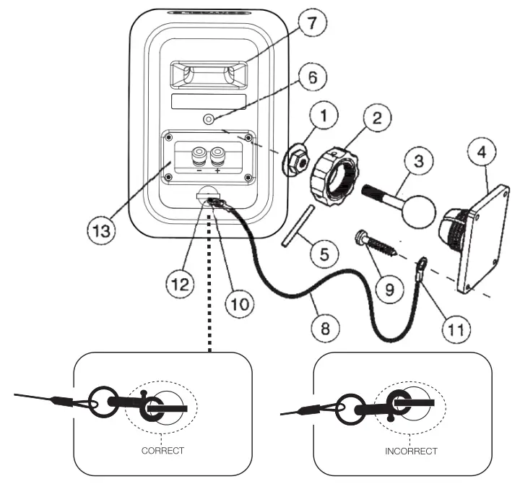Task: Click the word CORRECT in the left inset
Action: (163, 450)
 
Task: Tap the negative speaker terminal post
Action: (197, 155)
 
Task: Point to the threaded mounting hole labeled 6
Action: (208, 119)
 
